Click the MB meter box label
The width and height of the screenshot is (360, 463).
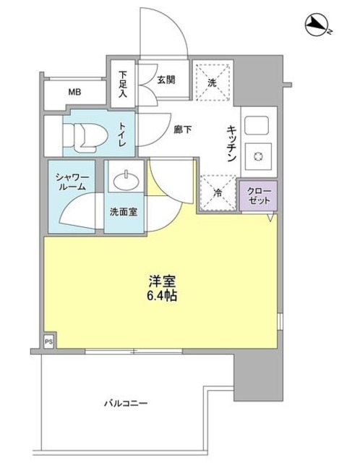(75, 92)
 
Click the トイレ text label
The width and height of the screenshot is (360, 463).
(122, 135)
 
